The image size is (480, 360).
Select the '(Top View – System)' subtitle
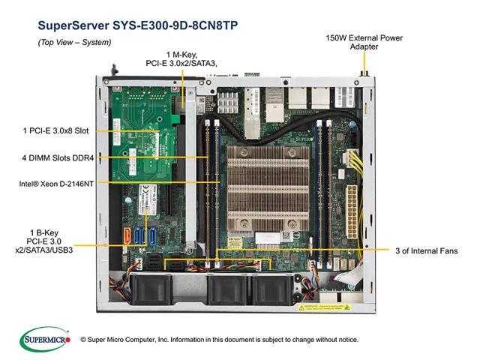74,42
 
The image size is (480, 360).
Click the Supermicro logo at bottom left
46,339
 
